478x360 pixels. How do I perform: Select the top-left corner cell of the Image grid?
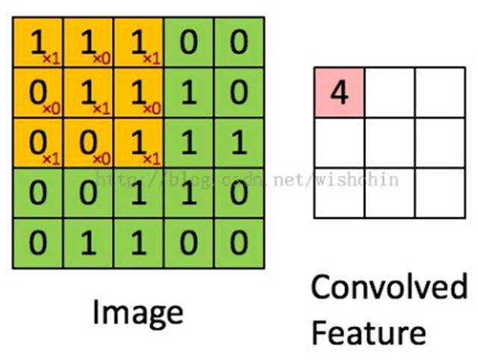[38, 43]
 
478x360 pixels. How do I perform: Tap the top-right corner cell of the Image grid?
[238, 43]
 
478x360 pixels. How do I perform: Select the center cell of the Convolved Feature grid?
[389, 143]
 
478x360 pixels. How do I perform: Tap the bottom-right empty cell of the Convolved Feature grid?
[439, 193]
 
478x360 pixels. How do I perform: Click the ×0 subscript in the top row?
[98, 58]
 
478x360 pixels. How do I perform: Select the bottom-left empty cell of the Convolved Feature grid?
[339, 193]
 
